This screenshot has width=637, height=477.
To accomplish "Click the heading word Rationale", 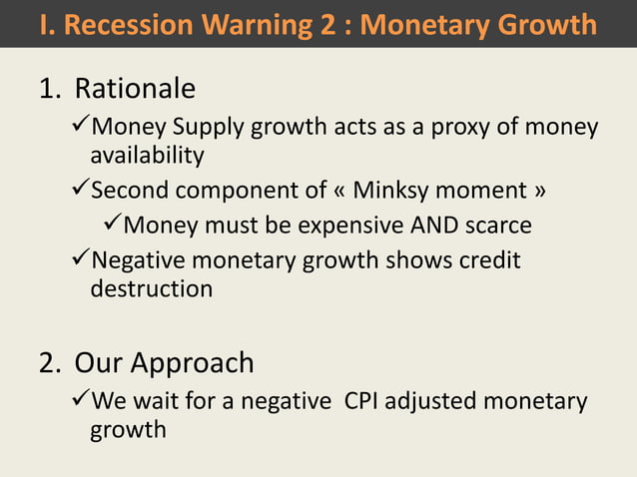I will [x=135, y=90].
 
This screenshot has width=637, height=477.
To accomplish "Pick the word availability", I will [x=147, y=156].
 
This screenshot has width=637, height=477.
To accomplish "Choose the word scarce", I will [x=495, y=226].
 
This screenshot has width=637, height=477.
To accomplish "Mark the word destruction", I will [x=151, y=288].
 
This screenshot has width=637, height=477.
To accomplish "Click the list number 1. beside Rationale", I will [x=50, y=90].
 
